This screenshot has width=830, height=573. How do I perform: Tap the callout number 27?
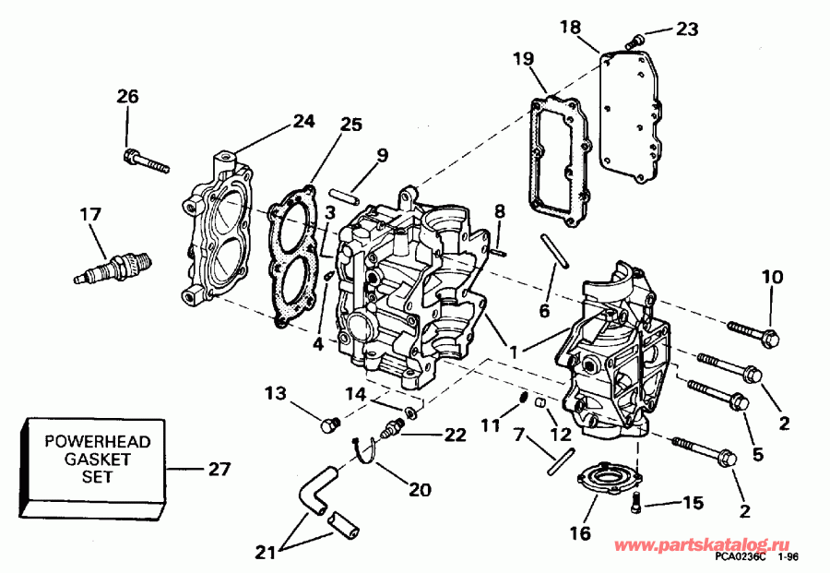point(219,469)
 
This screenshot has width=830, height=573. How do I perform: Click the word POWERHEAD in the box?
point(90,441)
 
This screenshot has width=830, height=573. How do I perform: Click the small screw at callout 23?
point(634,40)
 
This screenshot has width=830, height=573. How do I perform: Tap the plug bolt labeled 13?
point(327,425)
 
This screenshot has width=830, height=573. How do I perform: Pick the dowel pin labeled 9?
point(342,196)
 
